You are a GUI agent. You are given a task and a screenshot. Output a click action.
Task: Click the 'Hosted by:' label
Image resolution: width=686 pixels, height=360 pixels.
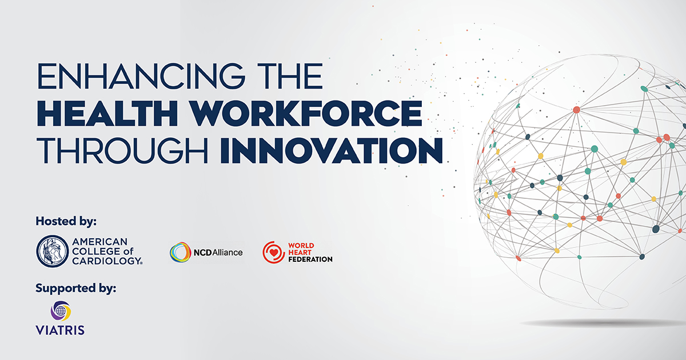point(66,221)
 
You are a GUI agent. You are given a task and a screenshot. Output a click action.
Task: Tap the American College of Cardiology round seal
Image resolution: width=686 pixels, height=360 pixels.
point(52,251)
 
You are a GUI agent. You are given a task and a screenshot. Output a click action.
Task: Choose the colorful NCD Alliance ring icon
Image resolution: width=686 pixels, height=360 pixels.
point(180,252)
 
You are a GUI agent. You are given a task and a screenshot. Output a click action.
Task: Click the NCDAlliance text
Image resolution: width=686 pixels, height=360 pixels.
point(218,252)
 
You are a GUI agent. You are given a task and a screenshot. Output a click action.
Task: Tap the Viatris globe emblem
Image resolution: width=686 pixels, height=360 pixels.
point(61,311)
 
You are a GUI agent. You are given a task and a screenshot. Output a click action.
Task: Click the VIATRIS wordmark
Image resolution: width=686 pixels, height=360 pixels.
point(60,330)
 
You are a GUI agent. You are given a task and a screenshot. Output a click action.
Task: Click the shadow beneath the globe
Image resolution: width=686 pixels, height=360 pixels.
point(600,323)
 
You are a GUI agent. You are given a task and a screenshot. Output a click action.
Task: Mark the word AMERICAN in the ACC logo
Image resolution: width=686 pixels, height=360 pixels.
point(100,242)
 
